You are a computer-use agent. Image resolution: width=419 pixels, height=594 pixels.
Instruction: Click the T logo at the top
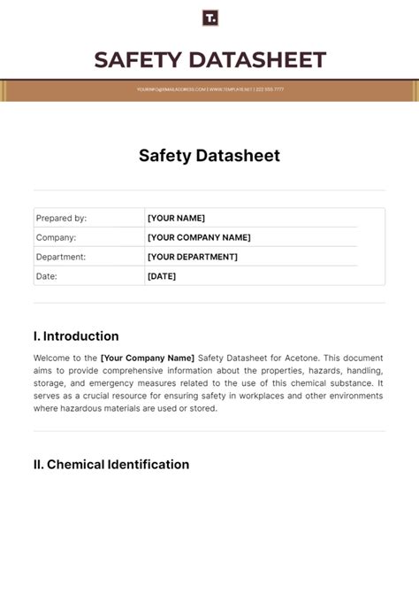209,18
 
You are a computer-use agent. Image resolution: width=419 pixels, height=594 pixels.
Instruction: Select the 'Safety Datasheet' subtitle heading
209,156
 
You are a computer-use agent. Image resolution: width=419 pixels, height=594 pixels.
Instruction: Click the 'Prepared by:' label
61,218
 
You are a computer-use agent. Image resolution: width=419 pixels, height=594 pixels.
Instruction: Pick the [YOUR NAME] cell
176,218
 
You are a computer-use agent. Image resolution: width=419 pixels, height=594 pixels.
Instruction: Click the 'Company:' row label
56,237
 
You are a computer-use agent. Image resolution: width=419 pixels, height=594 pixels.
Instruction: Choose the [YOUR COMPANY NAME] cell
199,237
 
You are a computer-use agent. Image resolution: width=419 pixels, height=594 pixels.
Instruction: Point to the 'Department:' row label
61,257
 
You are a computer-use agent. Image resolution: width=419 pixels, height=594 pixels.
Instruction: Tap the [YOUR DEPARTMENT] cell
192,257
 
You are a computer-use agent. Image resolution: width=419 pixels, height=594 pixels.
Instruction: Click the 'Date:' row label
46,276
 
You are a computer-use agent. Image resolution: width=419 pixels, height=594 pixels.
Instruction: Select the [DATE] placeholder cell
162,276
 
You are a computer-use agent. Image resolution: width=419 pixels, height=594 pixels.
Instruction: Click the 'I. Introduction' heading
76,336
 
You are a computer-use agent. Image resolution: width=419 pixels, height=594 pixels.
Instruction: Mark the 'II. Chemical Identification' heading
111,465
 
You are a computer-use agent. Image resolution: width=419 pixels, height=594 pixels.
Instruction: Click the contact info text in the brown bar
209,89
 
